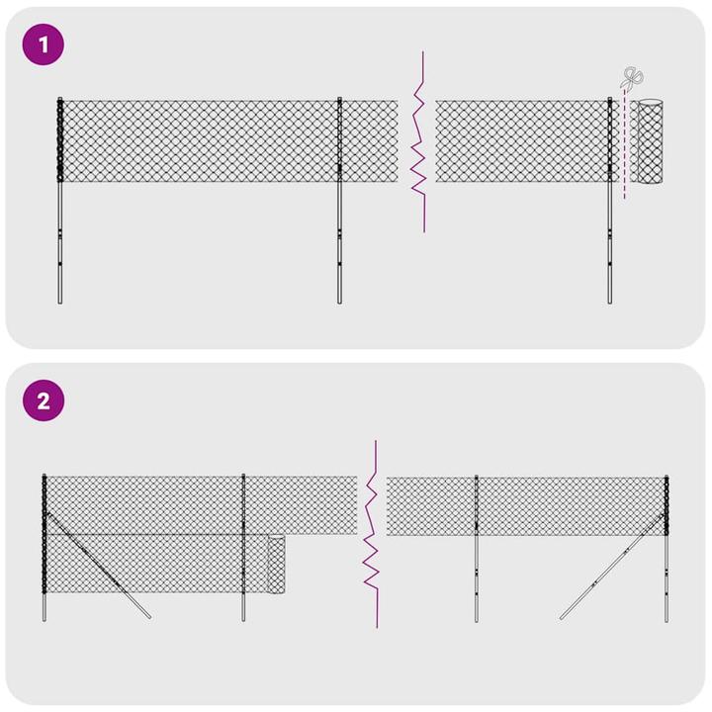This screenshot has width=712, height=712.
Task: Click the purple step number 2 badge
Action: tap(43, 401)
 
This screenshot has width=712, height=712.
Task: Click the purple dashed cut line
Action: tap(624, 148)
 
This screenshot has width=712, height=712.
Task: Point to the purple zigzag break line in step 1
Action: tap(421, 143)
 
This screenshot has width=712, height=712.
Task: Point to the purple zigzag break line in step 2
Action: tap(373, 534)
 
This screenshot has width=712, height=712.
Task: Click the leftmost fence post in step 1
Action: tap(60, 237)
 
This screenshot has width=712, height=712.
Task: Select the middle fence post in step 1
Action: tap(339, 237)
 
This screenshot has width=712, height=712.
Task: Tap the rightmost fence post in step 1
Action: tap(610, 237)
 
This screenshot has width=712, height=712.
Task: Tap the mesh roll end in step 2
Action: tap(278, 565)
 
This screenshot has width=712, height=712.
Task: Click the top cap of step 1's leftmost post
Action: tap(60, 100)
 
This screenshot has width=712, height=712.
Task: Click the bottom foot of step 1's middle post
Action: tap(339, 300)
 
